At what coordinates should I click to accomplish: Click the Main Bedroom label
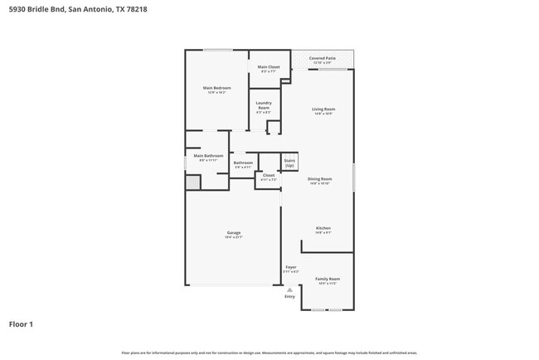pos(216,87)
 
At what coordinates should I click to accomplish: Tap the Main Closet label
pos(268,66)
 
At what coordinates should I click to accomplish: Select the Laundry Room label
pos(264,105)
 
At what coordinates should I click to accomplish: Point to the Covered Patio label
pos(322,58)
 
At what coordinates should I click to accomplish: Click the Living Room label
pos(323,109)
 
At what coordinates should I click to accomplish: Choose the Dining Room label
pos(320,178)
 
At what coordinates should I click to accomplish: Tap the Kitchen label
pos(323,228)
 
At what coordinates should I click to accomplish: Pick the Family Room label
pos(328,279)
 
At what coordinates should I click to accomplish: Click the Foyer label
pos(291,267)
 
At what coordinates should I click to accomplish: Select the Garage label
pos(234,232)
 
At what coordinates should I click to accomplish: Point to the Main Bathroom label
pos(208,155)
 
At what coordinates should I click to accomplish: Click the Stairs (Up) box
pos(289,163)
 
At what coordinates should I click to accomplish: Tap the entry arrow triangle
pos(289,289)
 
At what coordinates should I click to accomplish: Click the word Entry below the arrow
pos(289,296)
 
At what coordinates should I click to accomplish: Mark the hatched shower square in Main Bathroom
pos(193,182)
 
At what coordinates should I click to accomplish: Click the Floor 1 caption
pos(21,324)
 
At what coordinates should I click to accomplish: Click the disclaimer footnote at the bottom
pos(269,353)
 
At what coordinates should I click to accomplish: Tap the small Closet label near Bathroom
pos(269,175)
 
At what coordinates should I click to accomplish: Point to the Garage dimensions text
pos(234,237)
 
